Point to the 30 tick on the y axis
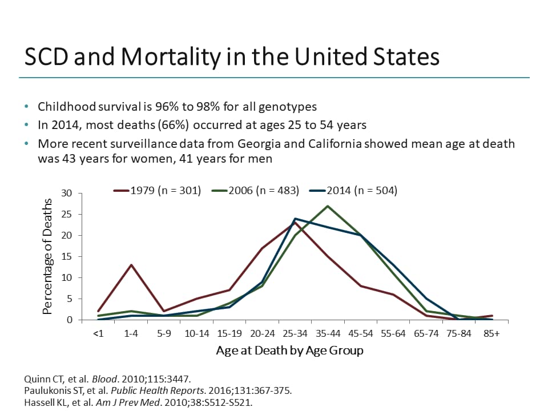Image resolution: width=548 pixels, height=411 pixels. (x=67, y=194)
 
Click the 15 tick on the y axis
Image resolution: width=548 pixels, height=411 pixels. (x=67, y=257)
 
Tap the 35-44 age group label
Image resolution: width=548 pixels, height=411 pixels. (x=328, y=333)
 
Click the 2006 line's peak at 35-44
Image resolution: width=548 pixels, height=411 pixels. (x=328, y=206)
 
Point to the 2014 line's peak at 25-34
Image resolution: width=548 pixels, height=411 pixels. (x=295, y=219)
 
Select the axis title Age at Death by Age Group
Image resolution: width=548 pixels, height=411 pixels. (x=289, y=350)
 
